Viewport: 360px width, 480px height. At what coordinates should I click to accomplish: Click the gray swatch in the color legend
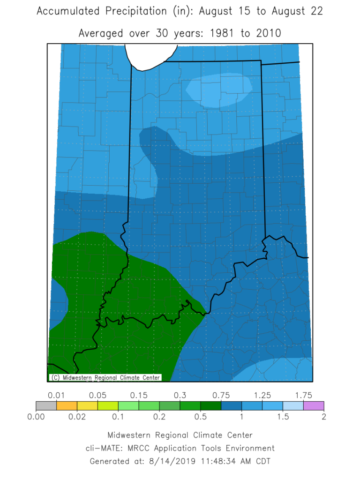pos(46,405)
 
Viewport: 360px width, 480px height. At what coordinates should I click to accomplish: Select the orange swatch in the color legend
pos(67,405)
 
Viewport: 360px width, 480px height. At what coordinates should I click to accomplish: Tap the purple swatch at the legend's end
pos(314,405)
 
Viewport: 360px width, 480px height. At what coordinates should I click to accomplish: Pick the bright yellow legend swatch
pos(87,405)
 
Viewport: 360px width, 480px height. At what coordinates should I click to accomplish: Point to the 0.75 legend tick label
pos(221,395)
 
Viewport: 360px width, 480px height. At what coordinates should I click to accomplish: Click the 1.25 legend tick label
pos(262,395)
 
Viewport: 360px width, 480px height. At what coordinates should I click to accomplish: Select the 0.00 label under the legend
pos(36,416)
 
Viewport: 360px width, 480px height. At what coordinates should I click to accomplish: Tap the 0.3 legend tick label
pos(180,395)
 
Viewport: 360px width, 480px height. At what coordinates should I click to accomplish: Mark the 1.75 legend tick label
pos(303,395)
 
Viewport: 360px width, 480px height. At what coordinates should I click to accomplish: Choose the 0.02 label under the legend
pos(77,416)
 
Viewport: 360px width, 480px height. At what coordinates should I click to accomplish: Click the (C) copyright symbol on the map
pos(55,377)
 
